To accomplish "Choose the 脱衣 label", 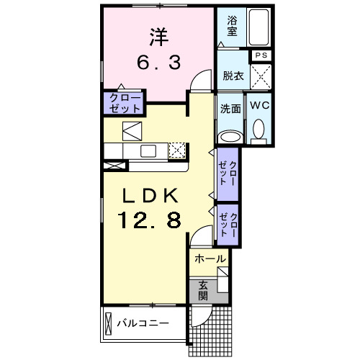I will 232,75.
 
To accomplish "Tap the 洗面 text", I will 230,109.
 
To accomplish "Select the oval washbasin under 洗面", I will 230,135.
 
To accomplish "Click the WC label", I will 259,105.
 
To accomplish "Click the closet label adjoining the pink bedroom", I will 124,102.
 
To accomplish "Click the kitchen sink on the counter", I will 149,150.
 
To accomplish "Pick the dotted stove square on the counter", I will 177,150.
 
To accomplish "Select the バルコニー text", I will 143,323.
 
